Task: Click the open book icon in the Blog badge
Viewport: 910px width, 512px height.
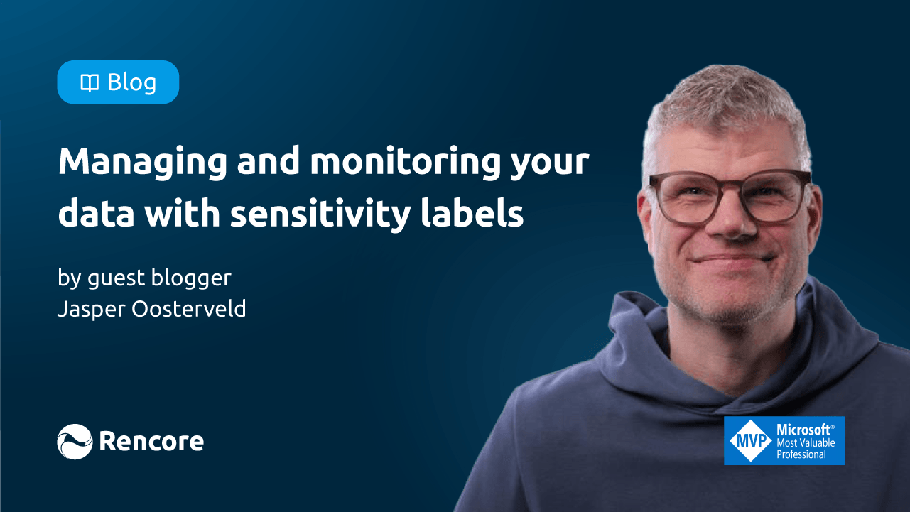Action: click(x=90, y=83)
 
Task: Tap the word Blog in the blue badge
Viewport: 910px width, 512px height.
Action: click(x=131, y=83)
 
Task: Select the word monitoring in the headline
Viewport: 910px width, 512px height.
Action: click(x=405, y=163)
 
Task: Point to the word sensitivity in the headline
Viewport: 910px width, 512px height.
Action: click(x=320, y=214)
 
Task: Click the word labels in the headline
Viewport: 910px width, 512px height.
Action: click(x=472, y=212)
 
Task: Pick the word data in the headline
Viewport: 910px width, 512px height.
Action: click(x=96, y=212)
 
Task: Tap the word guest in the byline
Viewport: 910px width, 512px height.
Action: click(x=117, y=279)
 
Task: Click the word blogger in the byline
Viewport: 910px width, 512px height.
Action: click(x=191, y=278)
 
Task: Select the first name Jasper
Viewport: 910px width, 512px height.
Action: click(x=92, y=310)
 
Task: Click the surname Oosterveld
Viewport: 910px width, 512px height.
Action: click(x=189, y=308)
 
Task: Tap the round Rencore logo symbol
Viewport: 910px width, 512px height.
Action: click(x=75, y=442)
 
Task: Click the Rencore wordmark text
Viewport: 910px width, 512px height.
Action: click(x=151, y=441)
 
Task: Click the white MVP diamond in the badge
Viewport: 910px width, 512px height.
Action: click(x=750, y=440)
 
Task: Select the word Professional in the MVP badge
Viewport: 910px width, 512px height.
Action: click(x=801, y=454)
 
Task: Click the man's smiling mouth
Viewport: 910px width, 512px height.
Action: click(x=732, y=258)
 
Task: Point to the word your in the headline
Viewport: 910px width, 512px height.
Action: click(x=550, y=165)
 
